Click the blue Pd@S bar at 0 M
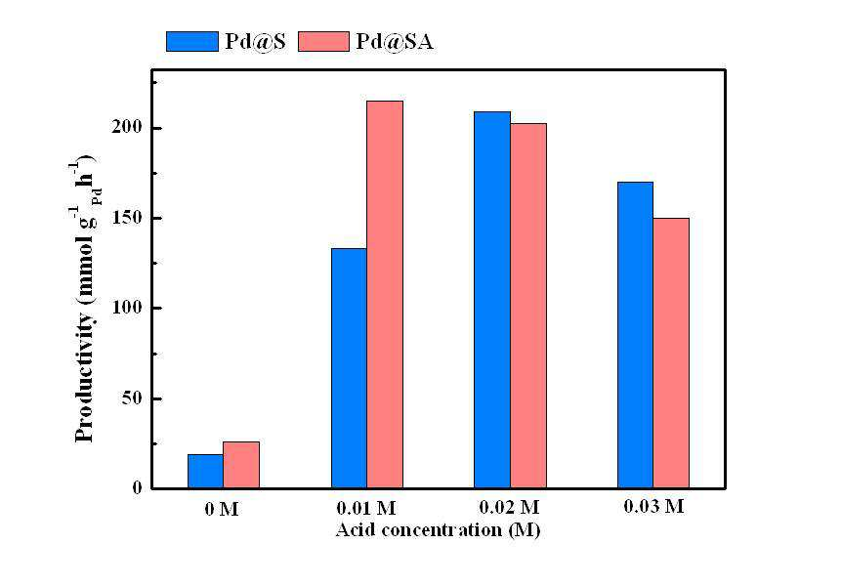(206, 471)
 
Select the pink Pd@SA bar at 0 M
(241, 465)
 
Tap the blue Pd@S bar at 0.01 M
(349, 368)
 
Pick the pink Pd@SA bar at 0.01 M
(385, 294)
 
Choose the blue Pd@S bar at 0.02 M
(492, 300)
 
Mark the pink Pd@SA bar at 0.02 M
(527, 306)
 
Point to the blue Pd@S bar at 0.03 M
(635, 335)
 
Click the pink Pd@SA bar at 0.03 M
(671, 353)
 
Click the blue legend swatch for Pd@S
(192, 41)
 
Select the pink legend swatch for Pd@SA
(323, 41)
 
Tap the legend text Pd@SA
(395, 41)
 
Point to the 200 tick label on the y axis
(127, 128)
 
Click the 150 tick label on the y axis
(127, 218)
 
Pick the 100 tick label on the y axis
(127, 308)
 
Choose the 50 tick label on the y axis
(132, 398)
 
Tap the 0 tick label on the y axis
(138, 488)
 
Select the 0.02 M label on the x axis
(509, 507)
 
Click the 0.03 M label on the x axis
(653, 506)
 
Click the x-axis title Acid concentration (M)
(438, 530)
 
